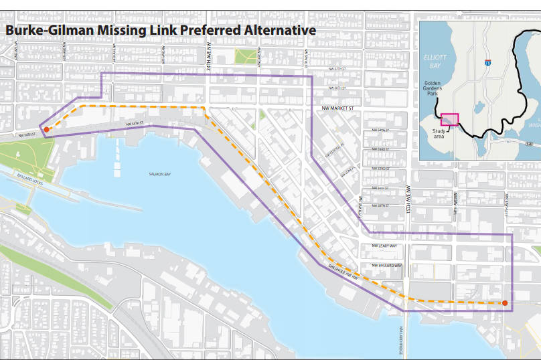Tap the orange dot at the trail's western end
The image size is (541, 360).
(47, 128)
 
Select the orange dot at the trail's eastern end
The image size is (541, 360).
(505, 303)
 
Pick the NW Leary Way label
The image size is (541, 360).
(385, 246)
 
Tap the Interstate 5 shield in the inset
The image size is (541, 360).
(486, 63)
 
